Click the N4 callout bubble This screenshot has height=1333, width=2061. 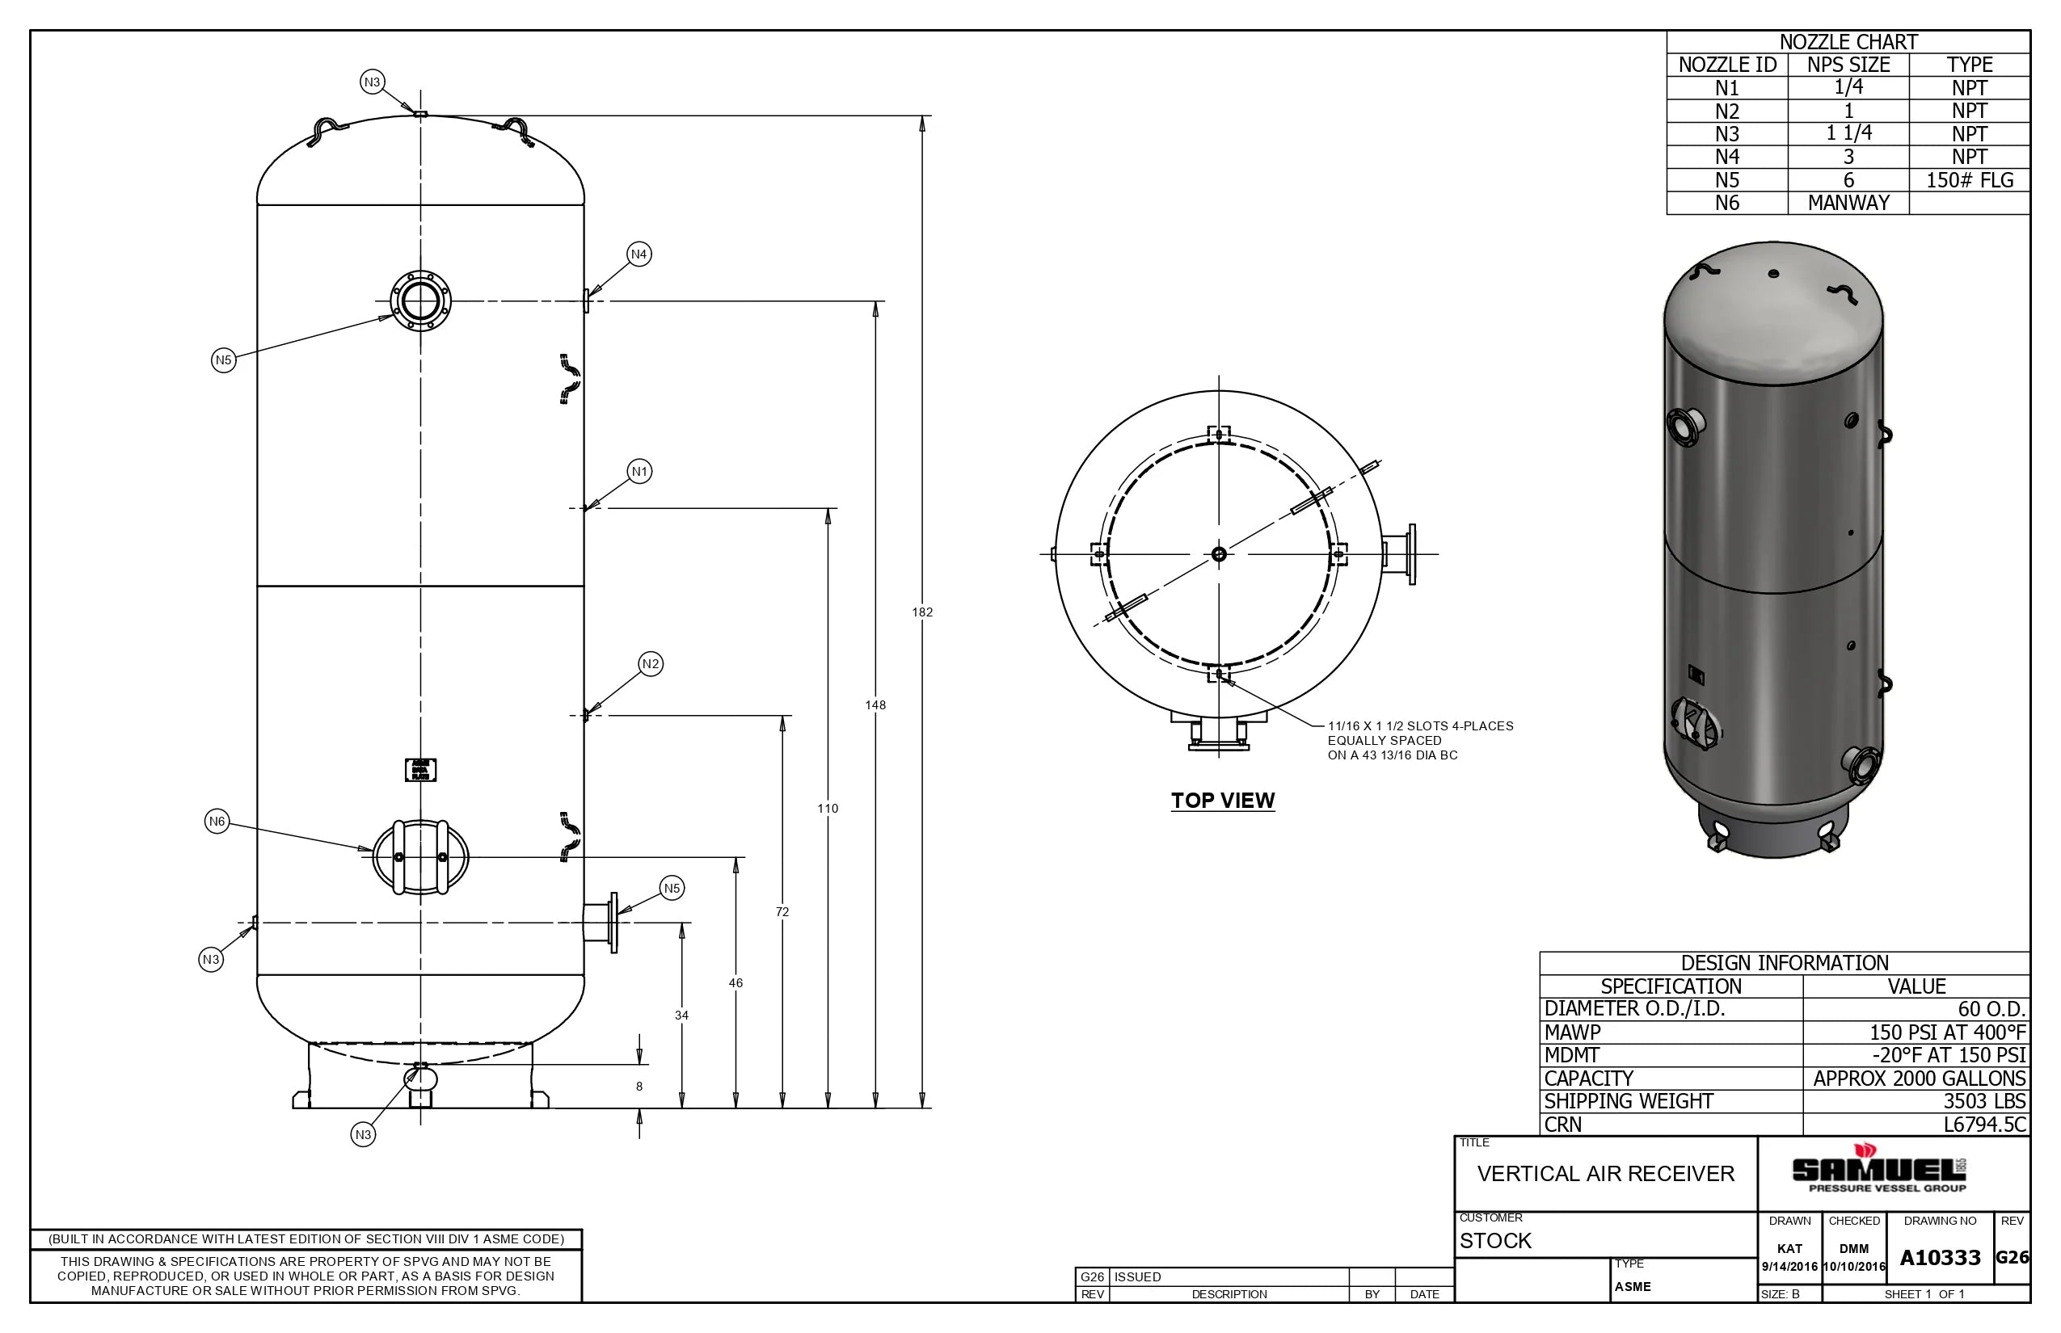coord(639,254)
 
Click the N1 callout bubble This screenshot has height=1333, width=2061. coord(639,472)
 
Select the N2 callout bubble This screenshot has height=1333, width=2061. coord(651,664)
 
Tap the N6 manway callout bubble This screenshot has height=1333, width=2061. coord(217,822)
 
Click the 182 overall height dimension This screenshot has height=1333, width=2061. coord(922,612)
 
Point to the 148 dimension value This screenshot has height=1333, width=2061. coord(875,704)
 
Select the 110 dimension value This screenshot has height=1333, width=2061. coord(828,809)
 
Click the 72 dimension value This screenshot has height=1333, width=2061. coord(782,911)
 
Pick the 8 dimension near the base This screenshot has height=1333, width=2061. coord(639,1087)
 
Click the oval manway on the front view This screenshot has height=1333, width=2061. coord(421,857)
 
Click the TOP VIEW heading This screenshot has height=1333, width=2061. coord(1223,801)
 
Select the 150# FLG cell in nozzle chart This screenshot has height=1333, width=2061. coord(1969,180)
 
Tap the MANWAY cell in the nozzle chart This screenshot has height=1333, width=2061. coord(1848,203)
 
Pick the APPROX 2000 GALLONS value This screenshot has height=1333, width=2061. coord(1919,1079)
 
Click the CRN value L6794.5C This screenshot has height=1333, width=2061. coord(1985,1125)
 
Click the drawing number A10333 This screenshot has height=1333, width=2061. coord(1940,1258)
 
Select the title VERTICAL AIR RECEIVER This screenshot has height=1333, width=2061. coord(1605,1174)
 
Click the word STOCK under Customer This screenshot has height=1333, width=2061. coord(1495,1240)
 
